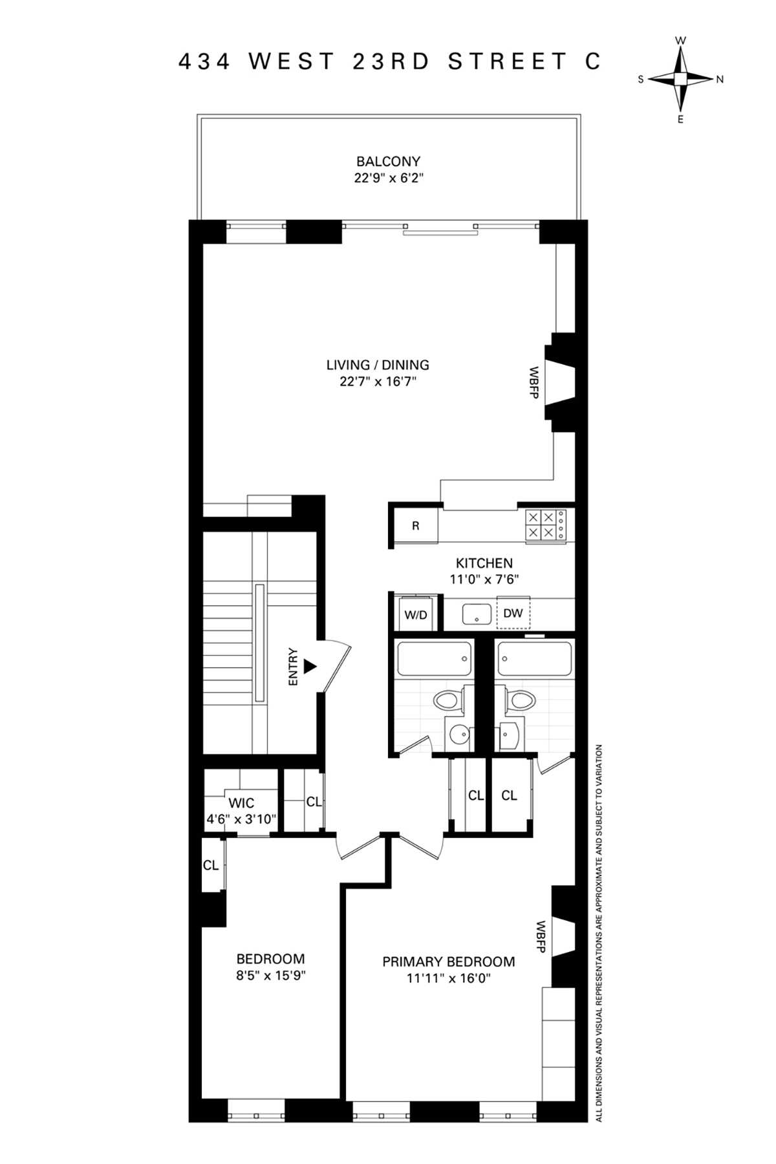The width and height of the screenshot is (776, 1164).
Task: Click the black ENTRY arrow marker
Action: [311, 666]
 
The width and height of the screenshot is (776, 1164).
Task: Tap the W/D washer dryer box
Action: [416, 614]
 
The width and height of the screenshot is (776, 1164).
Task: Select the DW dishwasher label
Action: [513, 613]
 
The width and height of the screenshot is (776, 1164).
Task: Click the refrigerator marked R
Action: [415, 526]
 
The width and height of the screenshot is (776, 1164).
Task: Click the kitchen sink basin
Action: [477, 613]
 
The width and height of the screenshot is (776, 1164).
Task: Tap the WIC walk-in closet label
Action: [241, 803]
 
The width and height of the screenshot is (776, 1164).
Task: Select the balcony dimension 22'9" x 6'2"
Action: [388, 178]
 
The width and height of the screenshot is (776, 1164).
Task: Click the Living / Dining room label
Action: [378, 365]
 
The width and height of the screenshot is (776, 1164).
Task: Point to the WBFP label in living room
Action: [534, 382]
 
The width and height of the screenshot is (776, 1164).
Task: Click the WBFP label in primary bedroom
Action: [541, 936]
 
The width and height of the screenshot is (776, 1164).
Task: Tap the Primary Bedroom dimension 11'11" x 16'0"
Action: [448, 978]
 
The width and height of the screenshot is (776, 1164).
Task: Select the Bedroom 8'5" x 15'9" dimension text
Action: [270, 975]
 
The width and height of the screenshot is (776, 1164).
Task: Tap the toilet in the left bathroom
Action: [448, 700]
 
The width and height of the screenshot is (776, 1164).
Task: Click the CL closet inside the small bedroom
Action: [211, 865]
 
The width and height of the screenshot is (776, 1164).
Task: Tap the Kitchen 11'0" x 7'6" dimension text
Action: [484, 579]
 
